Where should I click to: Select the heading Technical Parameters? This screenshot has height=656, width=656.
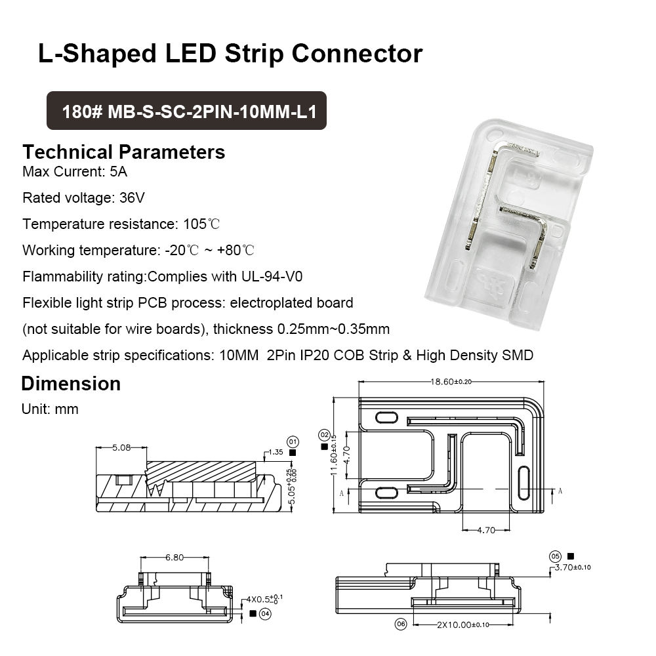[123, 152]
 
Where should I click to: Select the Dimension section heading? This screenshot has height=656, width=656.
[71, 384]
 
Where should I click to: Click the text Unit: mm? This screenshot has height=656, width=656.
[51, 409]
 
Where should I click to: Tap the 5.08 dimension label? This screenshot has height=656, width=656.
[121, 447]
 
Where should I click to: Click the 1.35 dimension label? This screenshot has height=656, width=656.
[276, 452]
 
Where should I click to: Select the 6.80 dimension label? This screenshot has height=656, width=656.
[174, 558]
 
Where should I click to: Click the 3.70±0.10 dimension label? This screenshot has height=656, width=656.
[573, 567]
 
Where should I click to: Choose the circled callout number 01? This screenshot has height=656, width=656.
[293, 441]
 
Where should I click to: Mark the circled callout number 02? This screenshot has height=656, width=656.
[324, 435]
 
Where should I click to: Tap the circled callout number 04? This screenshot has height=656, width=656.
[265, 614]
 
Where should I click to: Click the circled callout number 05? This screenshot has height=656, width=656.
[556, 556]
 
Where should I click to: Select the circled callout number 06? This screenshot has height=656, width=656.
[401, 625]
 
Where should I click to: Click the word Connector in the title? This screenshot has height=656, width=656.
[357, 54]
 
